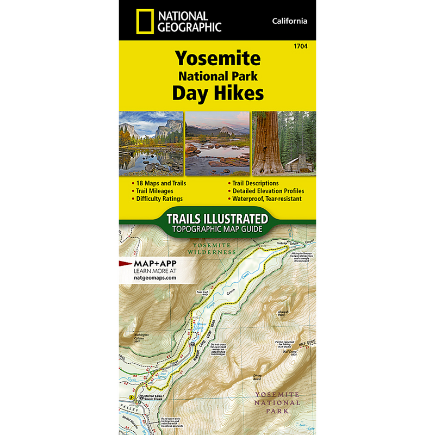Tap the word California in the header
[290, 21]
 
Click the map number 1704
[300, 47]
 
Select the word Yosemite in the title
[217, 58]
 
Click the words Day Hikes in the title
[217, 93]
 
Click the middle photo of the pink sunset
[217, 143]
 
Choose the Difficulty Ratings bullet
[159, 199]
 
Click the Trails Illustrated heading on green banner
[217, 219]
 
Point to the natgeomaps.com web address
[154, 277]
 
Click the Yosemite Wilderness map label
[213, 248]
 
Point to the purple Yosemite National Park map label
[278, 403]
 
